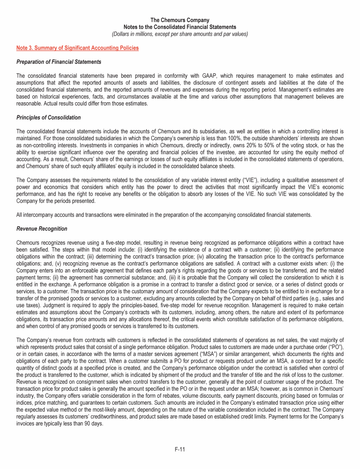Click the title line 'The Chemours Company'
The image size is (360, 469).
180,20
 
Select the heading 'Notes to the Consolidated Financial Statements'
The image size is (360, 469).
180,27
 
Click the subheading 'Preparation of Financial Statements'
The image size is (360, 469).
59,62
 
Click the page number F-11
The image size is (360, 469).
180,450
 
